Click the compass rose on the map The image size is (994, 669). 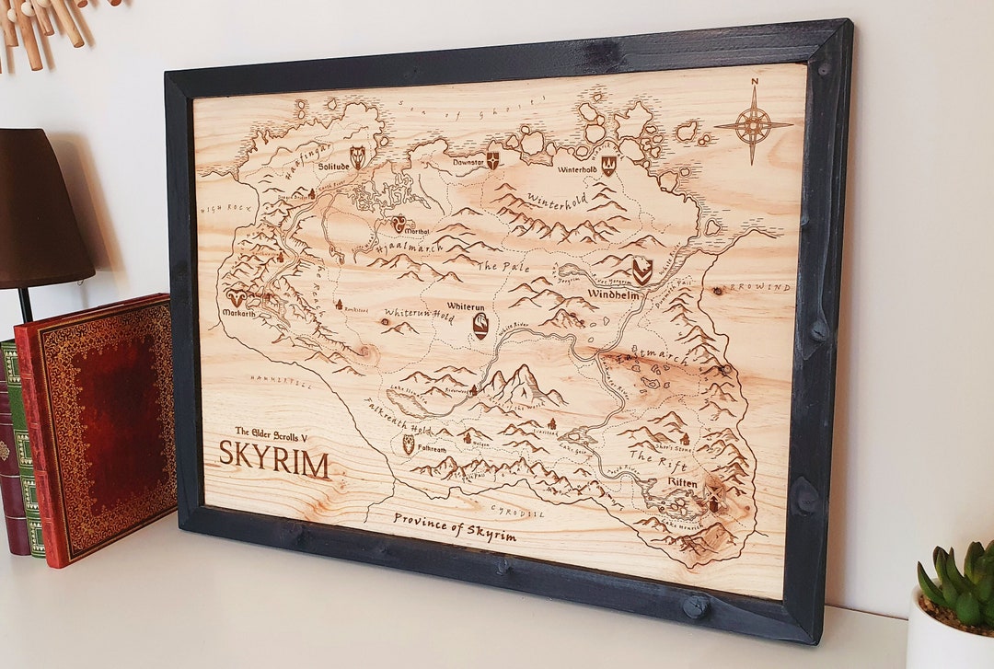(754, 125)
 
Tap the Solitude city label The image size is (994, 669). (333, 167)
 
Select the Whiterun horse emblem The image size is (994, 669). (480, 326)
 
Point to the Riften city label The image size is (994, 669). (682, 482)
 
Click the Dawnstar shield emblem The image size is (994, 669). (493, 161)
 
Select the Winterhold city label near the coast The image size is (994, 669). (577, 169)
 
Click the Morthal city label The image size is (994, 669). (418, 230)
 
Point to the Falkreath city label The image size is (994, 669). (432, 449)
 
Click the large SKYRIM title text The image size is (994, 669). (273, 459)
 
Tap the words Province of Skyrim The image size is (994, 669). (455, 527)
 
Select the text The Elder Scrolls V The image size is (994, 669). (275, 431)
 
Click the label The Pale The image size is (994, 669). (503, 265)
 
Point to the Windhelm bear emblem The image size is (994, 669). (641, 271)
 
